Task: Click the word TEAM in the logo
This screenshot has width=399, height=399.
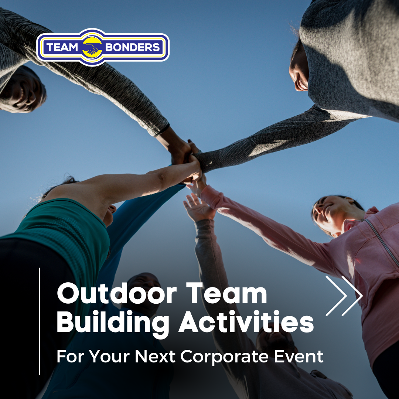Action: (x=62, y=47)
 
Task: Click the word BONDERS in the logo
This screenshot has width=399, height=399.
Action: (x=132, y=47)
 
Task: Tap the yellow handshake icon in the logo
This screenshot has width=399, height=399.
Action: (x=92, y=47)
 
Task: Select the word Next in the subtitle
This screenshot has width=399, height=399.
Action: (x=155, y=356)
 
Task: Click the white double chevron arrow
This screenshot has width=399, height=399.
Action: (x=344, y=296)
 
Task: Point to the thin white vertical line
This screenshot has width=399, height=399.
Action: (x=40, y=321)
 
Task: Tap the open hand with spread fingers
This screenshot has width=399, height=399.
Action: (x=198, y=207)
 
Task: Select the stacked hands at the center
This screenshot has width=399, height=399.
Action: (x=188, y=160)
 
